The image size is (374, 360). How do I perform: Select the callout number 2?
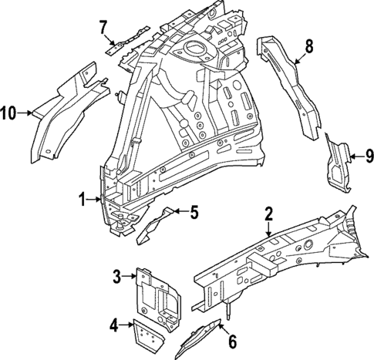268,214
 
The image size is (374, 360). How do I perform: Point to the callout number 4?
113,325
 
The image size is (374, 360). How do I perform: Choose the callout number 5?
194,211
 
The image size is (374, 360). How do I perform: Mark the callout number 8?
308,47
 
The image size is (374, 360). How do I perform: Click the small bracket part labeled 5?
155,226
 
